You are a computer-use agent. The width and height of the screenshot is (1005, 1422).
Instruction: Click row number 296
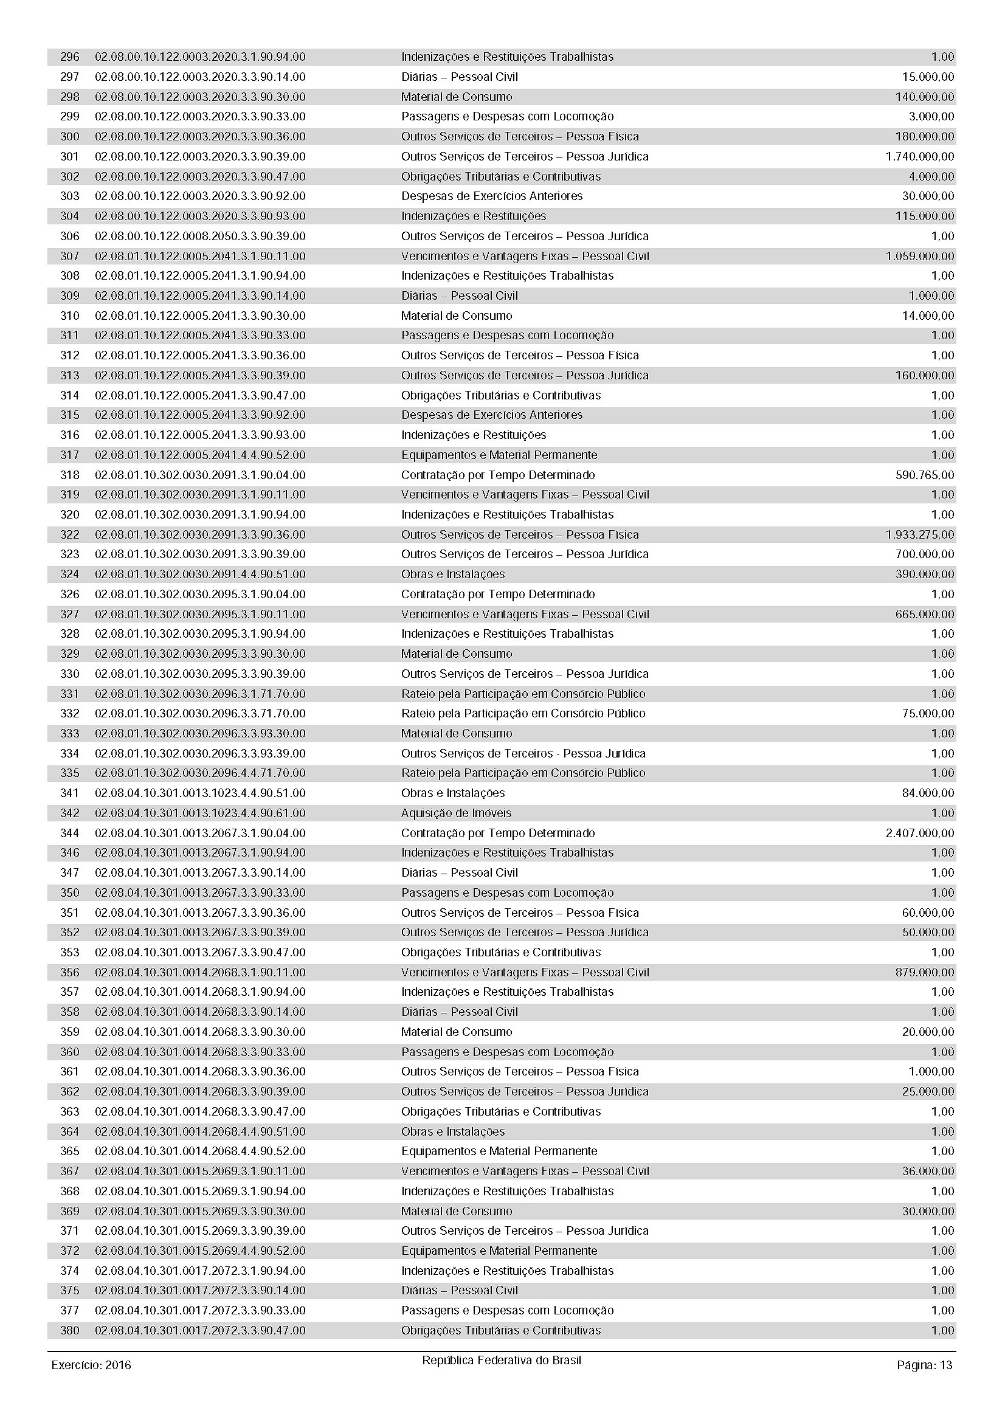tap(69, 57)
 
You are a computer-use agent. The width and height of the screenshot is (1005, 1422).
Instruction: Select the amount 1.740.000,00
tap(919, 157)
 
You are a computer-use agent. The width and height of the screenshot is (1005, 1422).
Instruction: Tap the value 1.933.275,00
tap(919, 534)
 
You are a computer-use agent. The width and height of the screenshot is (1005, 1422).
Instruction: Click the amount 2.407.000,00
tap(919, 833)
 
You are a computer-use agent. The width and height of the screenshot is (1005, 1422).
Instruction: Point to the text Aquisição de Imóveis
tap(456, 813)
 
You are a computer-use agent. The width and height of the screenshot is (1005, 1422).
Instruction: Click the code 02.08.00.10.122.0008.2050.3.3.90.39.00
tap(200, 236)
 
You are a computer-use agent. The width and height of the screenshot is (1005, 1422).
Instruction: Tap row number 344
tap(69, 833)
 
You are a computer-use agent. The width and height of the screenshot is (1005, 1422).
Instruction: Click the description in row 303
tap(492, 196)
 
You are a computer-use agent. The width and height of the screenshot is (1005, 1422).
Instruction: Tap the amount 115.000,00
tap(925, 216)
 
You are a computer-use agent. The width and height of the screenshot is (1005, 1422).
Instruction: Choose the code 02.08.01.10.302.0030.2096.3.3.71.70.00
tap(200, 714)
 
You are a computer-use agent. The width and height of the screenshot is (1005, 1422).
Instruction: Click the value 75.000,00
tap(928, 714)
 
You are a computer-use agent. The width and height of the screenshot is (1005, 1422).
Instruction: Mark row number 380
tap(69, 1330)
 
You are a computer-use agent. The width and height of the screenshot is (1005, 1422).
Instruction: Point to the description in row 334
tap(523, 754)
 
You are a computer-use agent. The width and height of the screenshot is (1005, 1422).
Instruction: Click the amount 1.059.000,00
tap(919, 256)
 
